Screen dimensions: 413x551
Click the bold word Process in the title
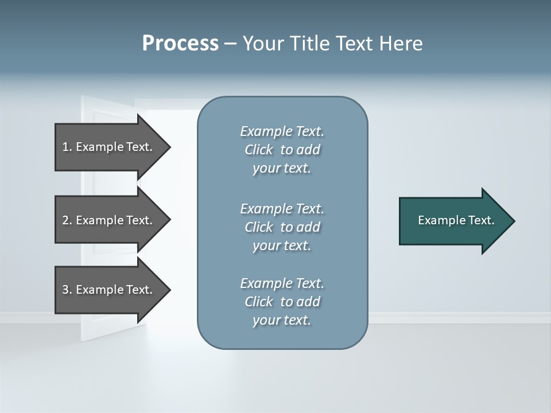pyautogui.click(x=180, y=44)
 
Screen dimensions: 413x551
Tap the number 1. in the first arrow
pyautogui.click(x=67, y=147)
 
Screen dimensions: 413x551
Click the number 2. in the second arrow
pyautogui.click(x=67, y=220)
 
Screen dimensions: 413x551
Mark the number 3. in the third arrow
pyautogui.click(x=67, y=290)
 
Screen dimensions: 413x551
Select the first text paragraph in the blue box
pyautogui.click(x=282, y=150)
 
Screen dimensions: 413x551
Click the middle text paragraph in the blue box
pyautogui.click(x=282, y=227)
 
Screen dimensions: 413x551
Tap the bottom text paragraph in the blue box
pyautogui.click(x=282, y=302)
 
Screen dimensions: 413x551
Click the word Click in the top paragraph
pyautogui.click(x=258, y=150)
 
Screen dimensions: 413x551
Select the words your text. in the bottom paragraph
pyautogui.click(x=282, y=321)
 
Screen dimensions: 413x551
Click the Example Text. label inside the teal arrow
pyautogui.click(x=456, y=220)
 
